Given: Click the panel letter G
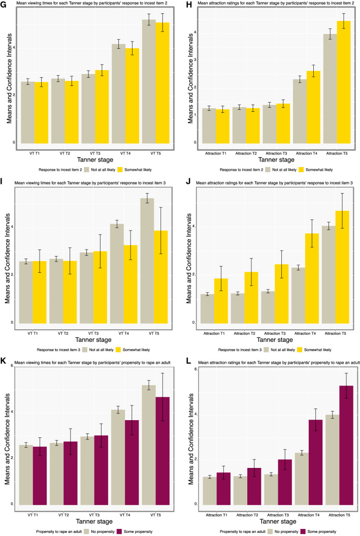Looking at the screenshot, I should coord(4,5).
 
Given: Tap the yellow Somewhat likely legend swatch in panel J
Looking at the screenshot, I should coord(297,350).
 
